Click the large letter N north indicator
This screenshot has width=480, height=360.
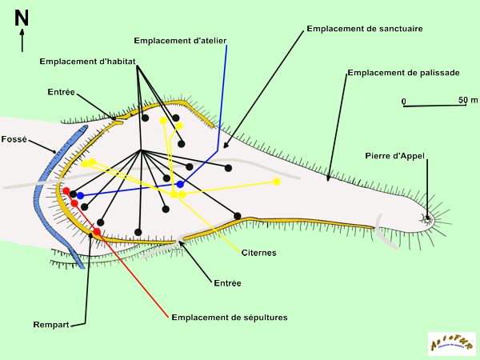coord(22,18)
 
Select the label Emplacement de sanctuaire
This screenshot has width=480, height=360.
coord(364,29)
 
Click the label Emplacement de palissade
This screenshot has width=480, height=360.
coord(403,73)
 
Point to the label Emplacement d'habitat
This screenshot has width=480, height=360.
coord(87,61)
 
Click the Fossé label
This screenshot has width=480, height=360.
coord(14,139)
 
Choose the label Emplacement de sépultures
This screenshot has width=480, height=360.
coord(229,318)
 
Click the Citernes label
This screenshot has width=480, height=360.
coord(258,253)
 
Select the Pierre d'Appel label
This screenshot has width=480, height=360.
coord(394,155)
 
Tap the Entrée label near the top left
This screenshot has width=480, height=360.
coord(61,92)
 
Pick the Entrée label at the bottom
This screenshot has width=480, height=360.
coord(227,282)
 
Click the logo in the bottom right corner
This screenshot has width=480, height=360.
coord(451,344)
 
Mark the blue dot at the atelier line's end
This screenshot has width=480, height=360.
coord(180,184)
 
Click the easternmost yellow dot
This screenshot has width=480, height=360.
coord(277,182)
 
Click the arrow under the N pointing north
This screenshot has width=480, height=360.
coord(22,41)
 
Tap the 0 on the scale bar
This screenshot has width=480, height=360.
coord(404,101)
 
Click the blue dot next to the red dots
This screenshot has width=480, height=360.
coord(80,195)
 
